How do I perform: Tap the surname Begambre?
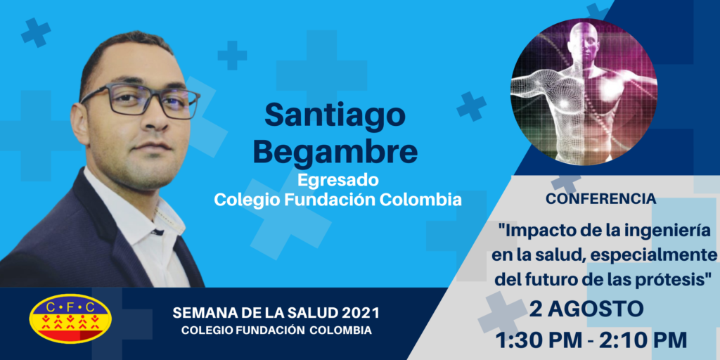335,151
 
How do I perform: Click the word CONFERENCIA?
600,199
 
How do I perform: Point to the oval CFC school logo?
70,319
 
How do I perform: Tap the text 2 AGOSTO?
586,310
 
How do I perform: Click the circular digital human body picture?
584,92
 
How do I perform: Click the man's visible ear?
80,124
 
